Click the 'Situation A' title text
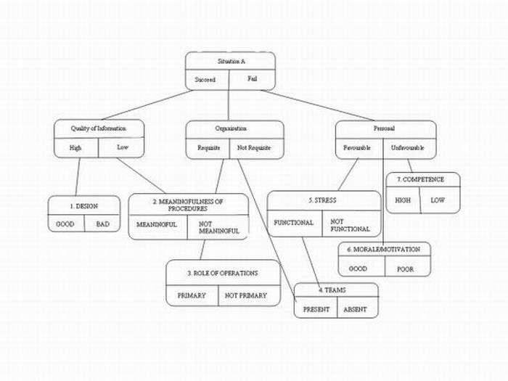pyautogui.click(x=230, y=61)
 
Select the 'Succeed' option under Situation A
pyautogui.click(x=205, y=80)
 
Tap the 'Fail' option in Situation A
pyautogui.click(x=252, y=78)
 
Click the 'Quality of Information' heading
pyautogui.click(x=99, y=128)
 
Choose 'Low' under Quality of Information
pyautogui.click(x=123, y=148)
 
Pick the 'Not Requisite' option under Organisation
pyautogui.click(x=255, y=148)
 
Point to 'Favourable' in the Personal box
pyautogui.click(x=358, y=148)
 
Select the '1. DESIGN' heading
pyautogui.click(x=84, y=205)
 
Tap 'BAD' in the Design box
pyautogui.click(x=102, y=224)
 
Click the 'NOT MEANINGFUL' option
pyautogui.click(x=218, y=227)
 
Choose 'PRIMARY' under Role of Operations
pyautogui.click(x=192, y=295)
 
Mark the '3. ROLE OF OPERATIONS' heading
pyautogui.click(x=224, y=273)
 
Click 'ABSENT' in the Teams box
pyautogui.click(x=356, y=309)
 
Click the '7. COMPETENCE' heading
pyautogui.click(x=424, y=179)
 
